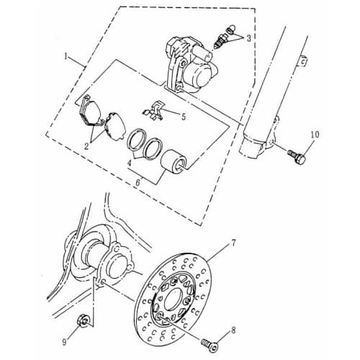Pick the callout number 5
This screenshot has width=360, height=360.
[x=183, y=115]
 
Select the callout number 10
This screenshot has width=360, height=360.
[x=314, y=134]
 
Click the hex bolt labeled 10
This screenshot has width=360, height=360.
[x=296, y=153]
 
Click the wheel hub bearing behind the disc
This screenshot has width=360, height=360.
[x=116, y=263]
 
